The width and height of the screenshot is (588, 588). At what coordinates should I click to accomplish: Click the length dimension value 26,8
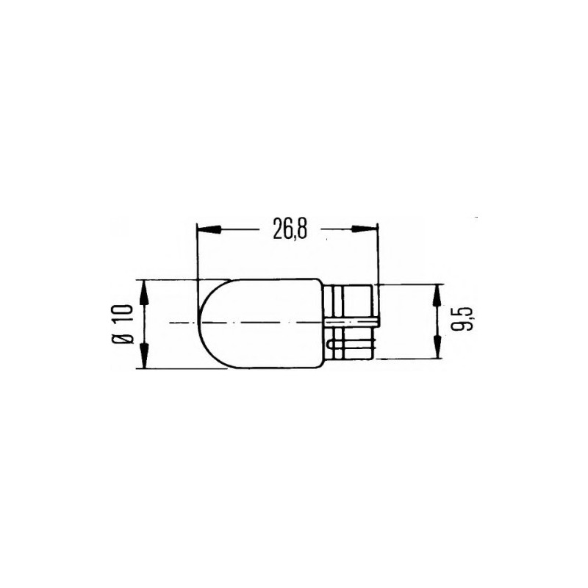coord(289,230)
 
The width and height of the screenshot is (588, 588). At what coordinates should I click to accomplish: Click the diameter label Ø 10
coord(122,323)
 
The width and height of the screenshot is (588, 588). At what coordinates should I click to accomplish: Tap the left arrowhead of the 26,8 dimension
coord(209,230)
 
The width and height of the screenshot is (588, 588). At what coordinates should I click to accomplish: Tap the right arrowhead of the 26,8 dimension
coord(365,230)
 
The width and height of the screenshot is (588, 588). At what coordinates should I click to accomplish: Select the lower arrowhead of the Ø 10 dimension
coord(144,356)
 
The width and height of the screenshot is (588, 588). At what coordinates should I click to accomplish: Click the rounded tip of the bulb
coord(204,323)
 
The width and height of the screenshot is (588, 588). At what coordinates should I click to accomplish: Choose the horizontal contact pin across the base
coord(353,321)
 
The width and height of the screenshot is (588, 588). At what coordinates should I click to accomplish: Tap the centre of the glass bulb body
coord(261,323)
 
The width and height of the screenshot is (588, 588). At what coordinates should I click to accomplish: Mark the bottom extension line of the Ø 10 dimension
coord(180,368)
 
